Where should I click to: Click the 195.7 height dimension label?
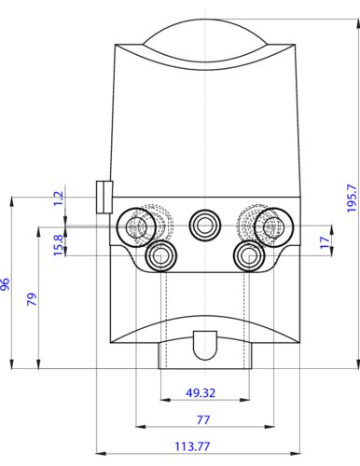[x=352, y=198]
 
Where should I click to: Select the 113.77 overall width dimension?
[x=192, y=446]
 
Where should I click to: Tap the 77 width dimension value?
[x=203, y=419]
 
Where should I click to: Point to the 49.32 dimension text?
[x=201, y=393]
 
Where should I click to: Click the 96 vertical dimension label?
[x=6, y=284]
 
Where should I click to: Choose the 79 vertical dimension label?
[x=32, y=299]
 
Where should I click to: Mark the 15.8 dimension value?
[x=58, y=245]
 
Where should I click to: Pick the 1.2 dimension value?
[x=58, y=199]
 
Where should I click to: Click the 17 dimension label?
[x=325, y=242]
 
